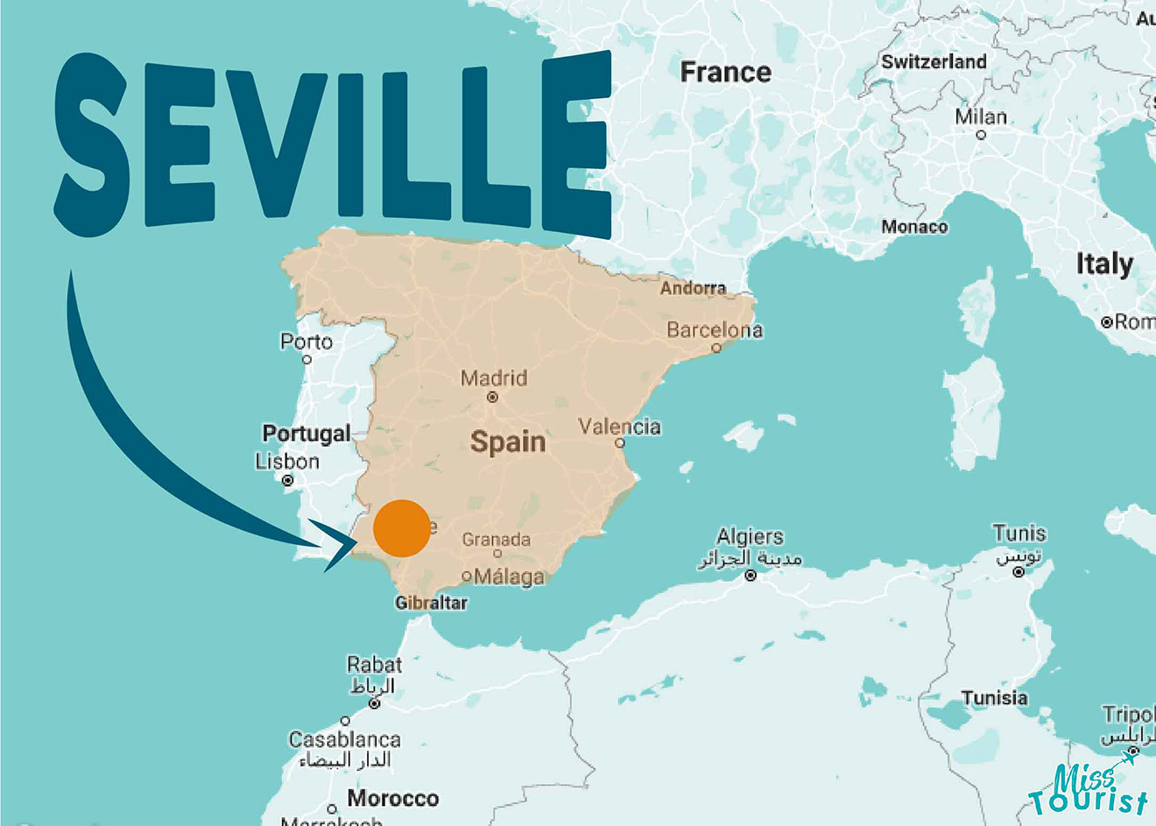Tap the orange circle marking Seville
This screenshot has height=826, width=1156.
tap(402, 528)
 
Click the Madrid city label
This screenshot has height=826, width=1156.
tap(494, 378)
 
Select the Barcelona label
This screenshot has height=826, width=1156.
tap(715, 330)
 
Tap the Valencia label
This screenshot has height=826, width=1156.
tap(619, 427)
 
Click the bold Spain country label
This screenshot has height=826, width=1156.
tap(508, 441)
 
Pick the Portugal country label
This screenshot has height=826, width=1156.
tap(307, 434)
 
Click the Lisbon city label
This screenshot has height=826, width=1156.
tap(287, 462)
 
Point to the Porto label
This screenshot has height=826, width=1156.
tap(307, 342)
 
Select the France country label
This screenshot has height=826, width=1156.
tap(726, 72)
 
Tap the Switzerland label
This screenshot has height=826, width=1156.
tap(934, 61)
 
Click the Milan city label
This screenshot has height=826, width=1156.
tap(981, 116)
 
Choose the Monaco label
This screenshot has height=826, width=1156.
tap(914, 227)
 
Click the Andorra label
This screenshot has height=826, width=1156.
tap(693, 288)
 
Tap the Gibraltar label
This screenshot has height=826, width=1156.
tap(431, 603)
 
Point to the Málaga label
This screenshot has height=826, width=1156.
tap(509, 576)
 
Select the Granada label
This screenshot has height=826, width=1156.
tap(497, 540)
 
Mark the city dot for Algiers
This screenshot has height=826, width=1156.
tap(751, 575)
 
